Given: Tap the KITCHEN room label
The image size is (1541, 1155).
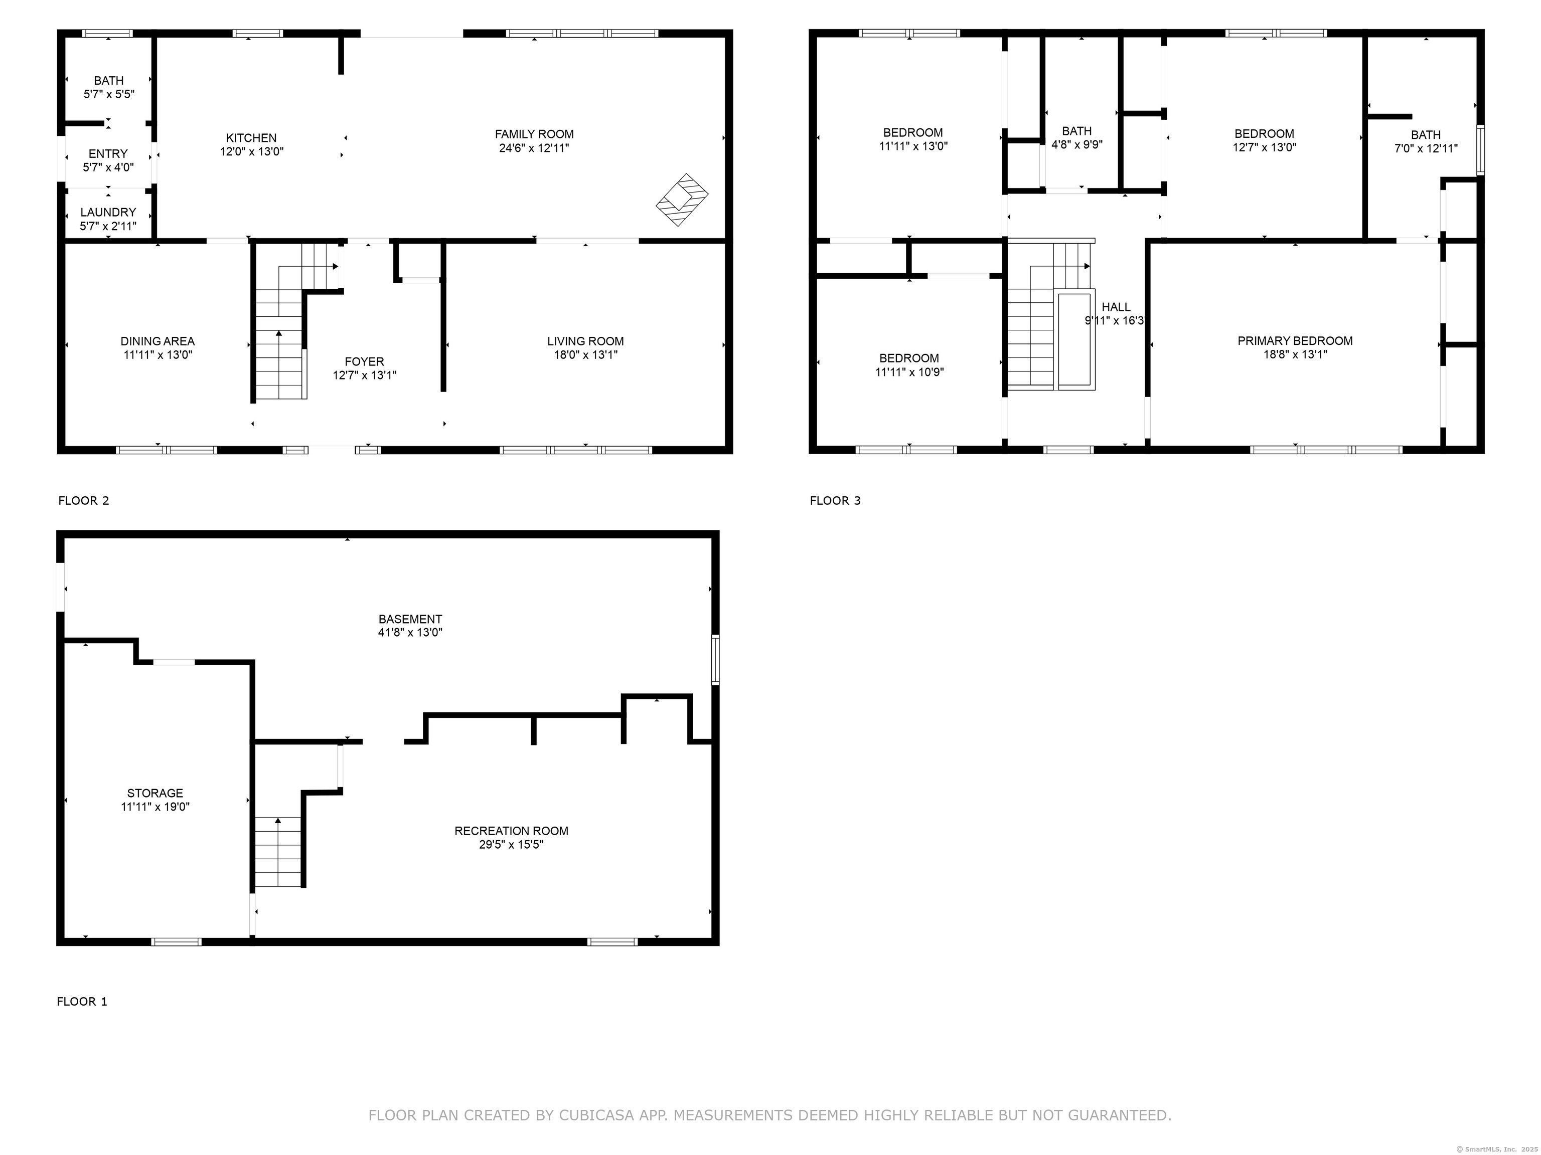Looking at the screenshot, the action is [251, 138].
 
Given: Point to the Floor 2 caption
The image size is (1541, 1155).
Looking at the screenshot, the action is [84, 501].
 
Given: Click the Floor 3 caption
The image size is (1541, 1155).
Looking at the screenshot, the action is [835, 501].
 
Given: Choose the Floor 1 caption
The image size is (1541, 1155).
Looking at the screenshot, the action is [82, 1001].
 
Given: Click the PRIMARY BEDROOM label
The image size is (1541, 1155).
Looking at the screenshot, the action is [1295, 340].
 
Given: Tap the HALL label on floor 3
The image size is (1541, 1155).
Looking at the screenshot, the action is [1116, 307].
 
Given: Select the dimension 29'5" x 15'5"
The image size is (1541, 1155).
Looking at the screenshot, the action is [511, 845].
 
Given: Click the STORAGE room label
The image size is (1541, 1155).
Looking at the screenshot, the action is [156, 793].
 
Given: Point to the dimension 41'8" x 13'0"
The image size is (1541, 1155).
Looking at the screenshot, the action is [410, 633].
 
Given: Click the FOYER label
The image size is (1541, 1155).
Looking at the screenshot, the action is [364, 361].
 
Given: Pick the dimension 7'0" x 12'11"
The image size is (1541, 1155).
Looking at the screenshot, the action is [1426, 148].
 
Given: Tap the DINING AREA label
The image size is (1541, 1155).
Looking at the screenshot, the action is [158, 341].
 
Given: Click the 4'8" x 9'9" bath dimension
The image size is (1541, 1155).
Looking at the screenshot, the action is [1077, 145].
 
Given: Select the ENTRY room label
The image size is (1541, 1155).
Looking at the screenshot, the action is [108, 154].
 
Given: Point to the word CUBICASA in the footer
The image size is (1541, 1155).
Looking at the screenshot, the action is [596, 1115].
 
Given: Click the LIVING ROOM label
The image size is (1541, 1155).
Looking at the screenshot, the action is [585, 341].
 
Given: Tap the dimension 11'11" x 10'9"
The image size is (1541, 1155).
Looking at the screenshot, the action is [909, 372].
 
